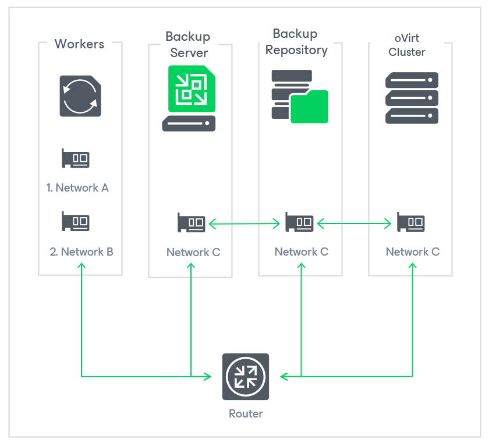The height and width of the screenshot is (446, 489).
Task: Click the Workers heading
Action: click(x=79, y=44)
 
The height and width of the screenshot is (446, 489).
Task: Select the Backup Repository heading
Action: click(x=296, y=42)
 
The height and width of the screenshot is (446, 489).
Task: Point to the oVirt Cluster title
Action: click(x=407, y=45)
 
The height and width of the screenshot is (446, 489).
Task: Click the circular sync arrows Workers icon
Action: click(x=80, y=95)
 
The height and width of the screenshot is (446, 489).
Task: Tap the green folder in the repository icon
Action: click(x=310, y=107)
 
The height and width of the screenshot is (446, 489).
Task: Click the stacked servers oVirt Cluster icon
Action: click(x=412, y=97)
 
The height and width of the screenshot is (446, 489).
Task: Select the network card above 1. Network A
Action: click(x=76, y=158)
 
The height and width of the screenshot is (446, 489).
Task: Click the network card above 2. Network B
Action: click(x=76, y=222)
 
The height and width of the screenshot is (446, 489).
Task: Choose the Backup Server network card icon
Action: click(x=192, y=222)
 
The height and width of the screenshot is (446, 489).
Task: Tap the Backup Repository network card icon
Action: click(x=299, y=222)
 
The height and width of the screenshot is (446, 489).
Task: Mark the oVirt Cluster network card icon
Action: click(x=410, y=222)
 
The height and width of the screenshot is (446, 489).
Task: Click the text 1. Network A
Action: click(x=77, y=187)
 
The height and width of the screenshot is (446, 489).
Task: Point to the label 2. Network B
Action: click(x=81, y=252)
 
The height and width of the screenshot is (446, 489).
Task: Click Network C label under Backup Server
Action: click(x=193, y=252)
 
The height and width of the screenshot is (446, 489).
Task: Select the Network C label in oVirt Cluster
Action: click(x=413, y=252)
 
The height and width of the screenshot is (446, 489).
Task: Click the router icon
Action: click(x=246, y=377)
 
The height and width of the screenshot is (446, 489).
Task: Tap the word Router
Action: click(x=246, y=414)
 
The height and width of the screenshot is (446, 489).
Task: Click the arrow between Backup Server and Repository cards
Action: click(x=245, y=222)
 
